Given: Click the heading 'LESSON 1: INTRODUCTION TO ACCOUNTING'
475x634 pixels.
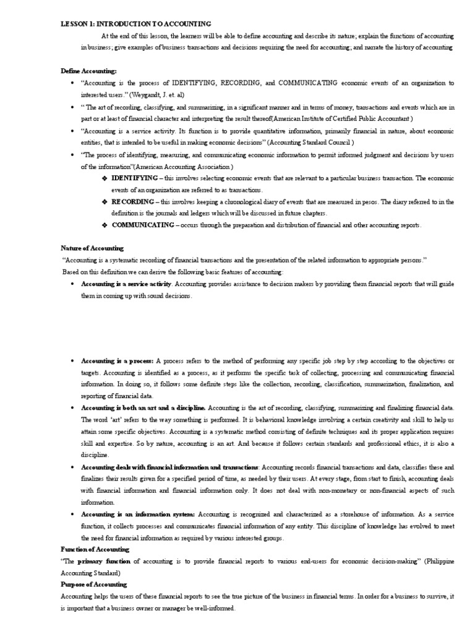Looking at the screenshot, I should (135, 24).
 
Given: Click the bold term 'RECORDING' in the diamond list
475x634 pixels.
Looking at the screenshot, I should (132, 202).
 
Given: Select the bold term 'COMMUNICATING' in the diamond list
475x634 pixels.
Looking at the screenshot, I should (143, 225).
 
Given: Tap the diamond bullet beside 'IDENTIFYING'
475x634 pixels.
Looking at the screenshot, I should (104, 178).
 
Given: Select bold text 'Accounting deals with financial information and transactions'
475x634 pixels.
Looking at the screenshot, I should (169, 467).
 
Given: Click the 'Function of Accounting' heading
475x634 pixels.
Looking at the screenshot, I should (95, 549).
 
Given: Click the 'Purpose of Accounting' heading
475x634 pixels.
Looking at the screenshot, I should (93, 584).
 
